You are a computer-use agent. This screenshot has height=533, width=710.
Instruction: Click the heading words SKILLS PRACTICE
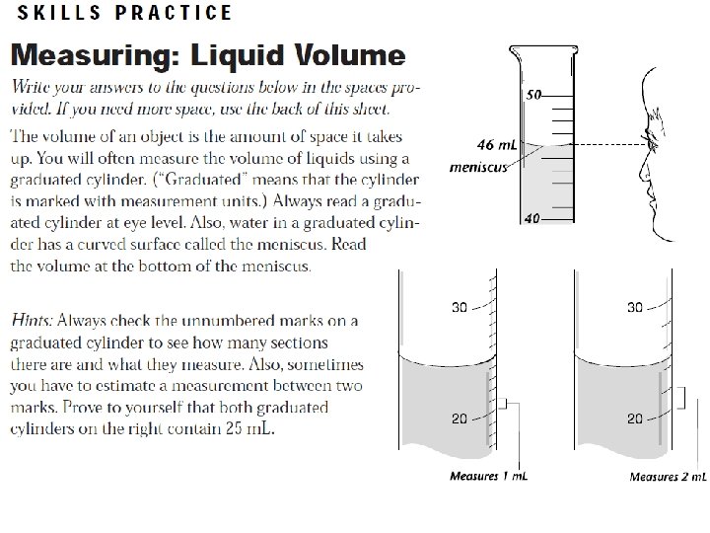[x=124, y=13]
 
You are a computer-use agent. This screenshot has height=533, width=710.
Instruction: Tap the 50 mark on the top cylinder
[x=534, y=95]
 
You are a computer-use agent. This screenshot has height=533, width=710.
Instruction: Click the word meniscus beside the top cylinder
[x=478, y=167]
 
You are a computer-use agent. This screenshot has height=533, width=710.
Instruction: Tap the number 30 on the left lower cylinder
[x=460, y=307]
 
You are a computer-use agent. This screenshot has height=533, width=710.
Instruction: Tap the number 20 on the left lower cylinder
[x=460, y=419]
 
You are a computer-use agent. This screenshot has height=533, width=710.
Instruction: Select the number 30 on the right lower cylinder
[x=635, y=307]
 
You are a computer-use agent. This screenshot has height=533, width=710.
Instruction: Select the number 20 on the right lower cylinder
[x=635, y=419]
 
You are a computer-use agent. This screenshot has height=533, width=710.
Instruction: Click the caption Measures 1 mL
[x=489, y=476]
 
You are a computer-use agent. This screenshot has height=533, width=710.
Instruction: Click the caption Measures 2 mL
[x=668, y=477]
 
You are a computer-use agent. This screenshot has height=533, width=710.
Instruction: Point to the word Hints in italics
[x=32, y=321]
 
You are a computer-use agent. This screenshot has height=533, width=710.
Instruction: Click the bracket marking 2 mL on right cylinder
[x=682, y=399]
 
